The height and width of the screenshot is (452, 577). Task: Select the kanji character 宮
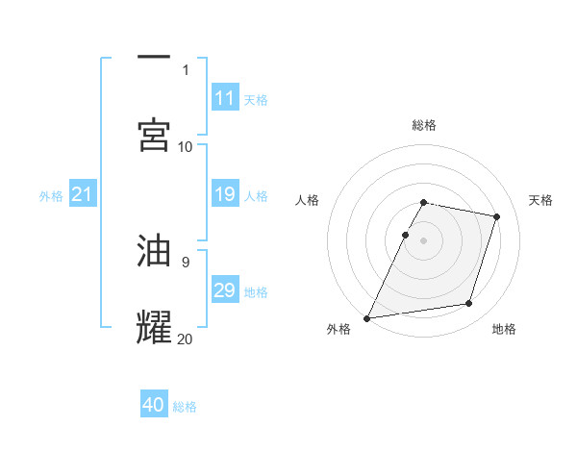pyautogui.click(x=154, y=134)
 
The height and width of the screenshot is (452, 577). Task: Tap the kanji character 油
pyautogui.click(x=154, y=250)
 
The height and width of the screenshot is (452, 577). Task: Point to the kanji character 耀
pyautogui.click(x=154, y=326)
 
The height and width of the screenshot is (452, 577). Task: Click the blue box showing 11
pyautogui.click(x=225, y=98)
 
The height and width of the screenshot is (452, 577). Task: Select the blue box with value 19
pyautogui.click(x=225, y=195)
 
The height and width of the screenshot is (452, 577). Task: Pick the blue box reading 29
pyautogui.click(x=225, y=290)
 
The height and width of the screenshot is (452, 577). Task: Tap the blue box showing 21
pyautogui.click(x=83, y=195)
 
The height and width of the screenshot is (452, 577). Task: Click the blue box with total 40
pyautogui.click(x=154, y=405)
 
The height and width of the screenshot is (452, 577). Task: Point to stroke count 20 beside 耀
pyautogui.click(x=185, y=339)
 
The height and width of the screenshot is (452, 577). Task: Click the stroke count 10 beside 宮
pyautogui.click(x=185, y=146)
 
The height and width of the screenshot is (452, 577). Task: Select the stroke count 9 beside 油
pyautogui.click(x=185, y=262)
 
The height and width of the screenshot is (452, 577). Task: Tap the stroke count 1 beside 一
pyautogui.click(x=186, y=69)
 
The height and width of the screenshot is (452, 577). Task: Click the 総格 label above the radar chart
pyautogui.click(x=424, y=125)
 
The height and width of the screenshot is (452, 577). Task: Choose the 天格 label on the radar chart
pyautogui.click(x=540, y=200)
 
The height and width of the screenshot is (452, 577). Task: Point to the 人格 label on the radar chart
pyautogui.click(x=308, y=200)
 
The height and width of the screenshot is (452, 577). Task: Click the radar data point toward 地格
pyautogui.click(x=469, y=304)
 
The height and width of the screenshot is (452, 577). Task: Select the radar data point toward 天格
pyautogui.click(x=497, y=216)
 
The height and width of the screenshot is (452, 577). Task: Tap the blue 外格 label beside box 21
pyautogui.click(x=51, y=195)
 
